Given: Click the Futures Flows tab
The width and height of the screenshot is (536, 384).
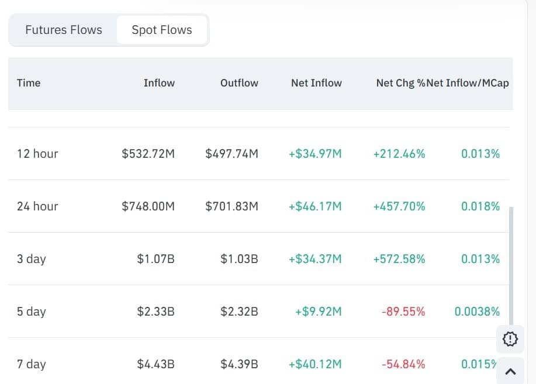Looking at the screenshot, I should click(64, 30).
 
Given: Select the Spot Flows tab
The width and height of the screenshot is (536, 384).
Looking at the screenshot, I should click(162, 30).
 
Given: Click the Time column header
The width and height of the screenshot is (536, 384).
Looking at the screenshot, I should click(29, 83).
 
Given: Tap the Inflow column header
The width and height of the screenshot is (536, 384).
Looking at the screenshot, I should click(159, 83).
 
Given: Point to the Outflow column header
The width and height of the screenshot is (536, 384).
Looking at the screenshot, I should click(239, 83).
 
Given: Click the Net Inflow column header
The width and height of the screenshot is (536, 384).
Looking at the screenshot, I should click(316, 83).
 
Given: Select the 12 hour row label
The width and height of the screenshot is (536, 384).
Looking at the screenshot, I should click(37, 154).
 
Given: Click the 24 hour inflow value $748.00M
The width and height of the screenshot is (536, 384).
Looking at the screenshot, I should click(148, 206).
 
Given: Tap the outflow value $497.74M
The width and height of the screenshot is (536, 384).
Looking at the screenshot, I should click(231, 154).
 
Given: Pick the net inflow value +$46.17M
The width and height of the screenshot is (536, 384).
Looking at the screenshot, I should click(315, 206).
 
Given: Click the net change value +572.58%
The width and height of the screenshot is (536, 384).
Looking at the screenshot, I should click(399, 259).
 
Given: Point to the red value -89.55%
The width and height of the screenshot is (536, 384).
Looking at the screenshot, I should click(403, 312).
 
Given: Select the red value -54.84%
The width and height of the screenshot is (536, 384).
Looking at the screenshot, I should click(403, 364).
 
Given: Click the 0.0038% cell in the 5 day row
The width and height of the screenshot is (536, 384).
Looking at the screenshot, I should click(477, 312).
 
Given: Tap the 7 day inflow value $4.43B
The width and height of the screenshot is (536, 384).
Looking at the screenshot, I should click(155, 364).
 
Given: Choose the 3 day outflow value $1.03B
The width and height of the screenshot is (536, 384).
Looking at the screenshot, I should click(239, 259).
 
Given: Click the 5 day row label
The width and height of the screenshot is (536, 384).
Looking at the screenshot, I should click(31, 312).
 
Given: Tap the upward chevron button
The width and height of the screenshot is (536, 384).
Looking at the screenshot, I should click(510, 371).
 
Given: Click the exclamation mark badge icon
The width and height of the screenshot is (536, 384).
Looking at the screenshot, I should click(510, 338).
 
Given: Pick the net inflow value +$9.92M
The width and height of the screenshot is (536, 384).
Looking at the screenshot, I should click(319, 312).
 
